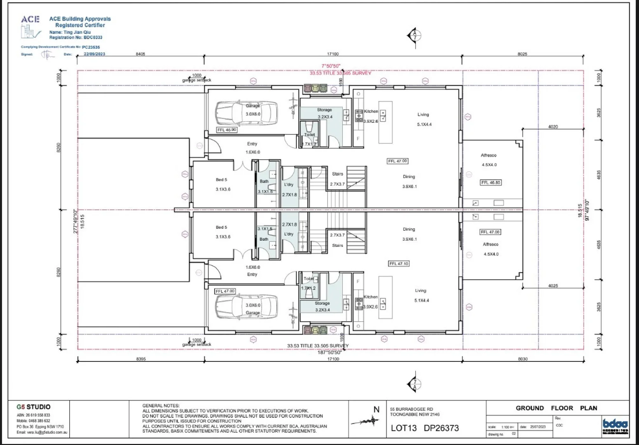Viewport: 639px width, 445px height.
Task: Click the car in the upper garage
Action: click(246, 112)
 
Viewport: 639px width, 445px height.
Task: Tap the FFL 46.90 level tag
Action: click(227, 130)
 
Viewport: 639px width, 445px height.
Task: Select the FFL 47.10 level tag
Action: click(398, 263)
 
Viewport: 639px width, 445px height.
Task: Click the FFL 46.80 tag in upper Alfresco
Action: click(491, 182)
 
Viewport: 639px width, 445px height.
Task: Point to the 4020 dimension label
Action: click(553, 126)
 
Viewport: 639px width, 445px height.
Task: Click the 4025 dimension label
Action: click(553, 286)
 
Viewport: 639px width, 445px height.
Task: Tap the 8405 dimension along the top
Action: click(140, 54)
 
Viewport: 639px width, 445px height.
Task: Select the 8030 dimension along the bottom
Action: click(522, 359)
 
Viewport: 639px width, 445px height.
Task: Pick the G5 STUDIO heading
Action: click(33, 407)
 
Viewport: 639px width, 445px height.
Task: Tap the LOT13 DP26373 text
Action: click(424, 428)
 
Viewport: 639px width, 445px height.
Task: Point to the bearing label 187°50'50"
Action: click(329, 352)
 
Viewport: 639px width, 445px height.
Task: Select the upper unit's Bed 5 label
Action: click(222, 180)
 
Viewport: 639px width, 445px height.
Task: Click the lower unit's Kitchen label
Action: click(370, 297)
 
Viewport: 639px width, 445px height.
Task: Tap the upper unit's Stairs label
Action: click(337, 174)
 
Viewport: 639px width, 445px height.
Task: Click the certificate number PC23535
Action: click(91, 47)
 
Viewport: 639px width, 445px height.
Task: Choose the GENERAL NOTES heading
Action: click(161, 405)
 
